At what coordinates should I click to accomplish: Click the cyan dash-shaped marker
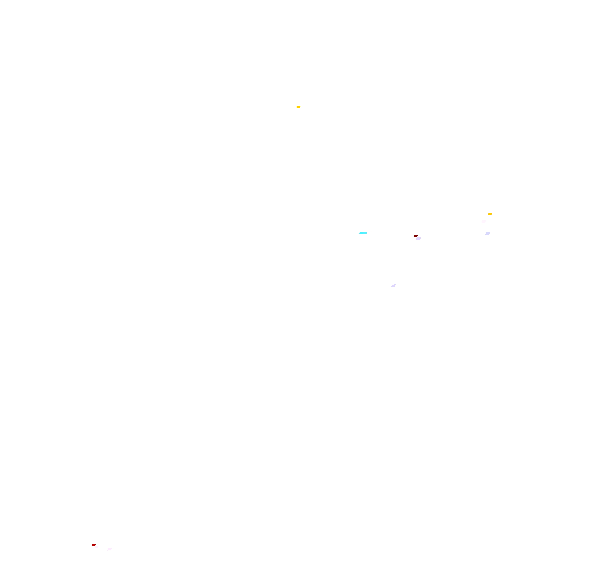pos(363,233)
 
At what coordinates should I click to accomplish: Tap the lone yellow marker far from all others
pos(298,107)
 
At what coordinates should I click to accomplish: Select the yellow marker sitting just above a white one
pos(490,214)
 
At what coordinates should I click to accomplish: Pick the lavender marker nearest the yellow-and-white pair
pos(488,234)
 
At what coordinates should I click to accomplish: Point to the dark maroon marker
pos(415,236)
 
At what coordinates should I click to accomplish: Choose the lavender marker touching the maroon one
pos(418,239)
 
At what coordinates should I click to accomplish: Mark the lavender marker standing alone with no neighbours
pos(393,286)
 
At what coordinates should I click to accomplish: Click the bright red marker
pos(94,545)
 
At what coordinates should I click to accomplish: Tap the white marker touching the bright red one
pos(97,547)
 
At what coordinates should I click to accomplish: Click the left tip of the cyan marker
pos(360,233)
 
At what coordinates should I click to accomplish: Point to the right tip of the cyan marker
pos(367,232)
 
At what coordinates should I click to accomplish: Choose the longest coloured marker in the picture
pos(363,233)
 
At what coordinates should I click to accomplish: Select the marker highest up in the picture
pos(298,107)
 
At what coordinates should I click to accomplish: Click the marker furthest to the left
pos(94,545)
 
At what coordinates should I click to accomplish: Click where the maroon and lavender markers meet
pos(417,237)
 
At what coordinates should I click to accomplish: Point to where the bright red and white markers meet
pos(95,546)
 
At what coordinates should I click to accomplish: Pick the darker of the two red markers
pos(415,236)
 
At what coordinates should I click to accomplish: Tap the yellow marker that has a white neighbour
pos(490,214)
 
